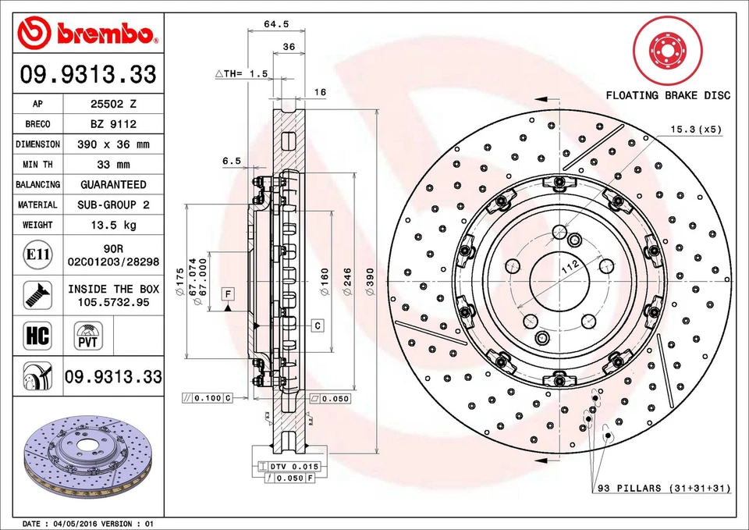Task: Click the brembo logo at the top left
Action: point(87,32)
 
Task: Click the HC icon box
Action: point(37,336)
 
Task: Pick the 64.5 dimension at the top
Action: point(271,24)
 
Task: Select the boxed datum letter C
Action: point(318,323)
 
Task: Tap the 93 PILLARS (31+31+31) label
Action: point(663,489)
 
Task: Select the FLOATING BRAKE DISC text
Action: point(668,95)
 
